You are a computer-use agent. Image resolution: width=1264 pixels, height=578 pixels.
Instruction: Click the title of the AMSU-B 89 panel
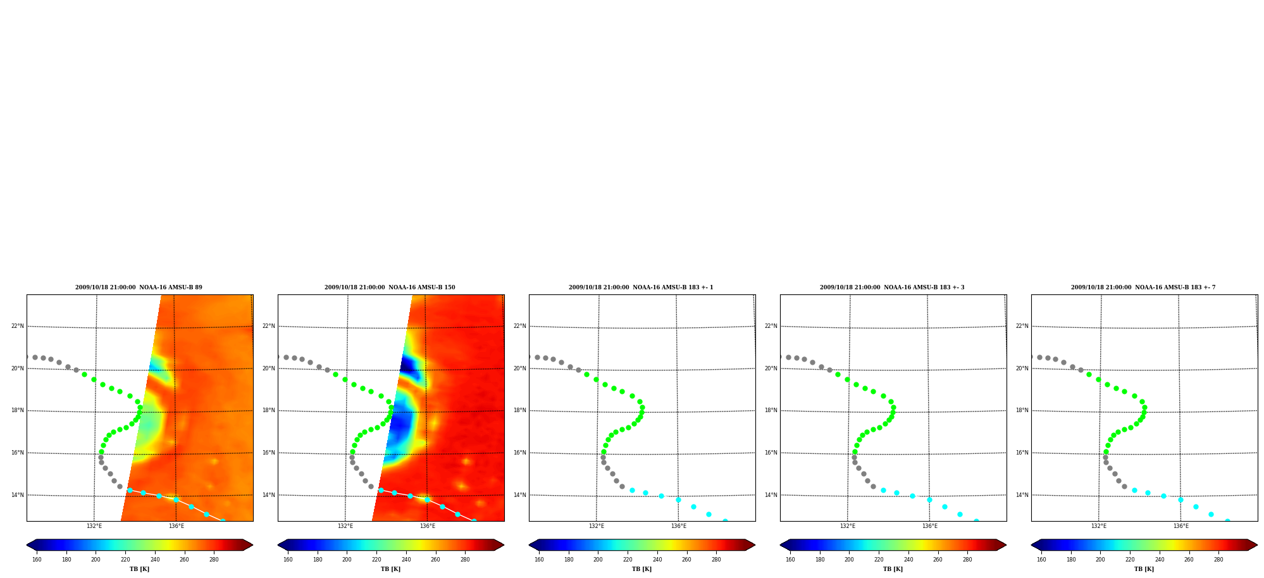[139, 287]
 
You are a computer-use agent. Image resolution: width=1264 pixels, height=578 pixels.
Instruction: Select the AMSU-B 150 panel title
[390, 287]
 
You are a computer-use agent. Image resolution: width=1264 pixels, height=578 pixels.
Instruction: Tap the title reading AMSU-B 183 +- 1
[641, 287]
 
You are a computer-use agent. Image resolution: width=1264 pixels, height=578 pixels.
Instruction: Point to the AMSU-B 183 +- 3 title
[892, 287]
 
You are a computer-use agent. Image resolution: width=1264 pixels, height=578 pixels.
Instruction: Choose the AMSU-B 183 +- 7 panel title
[1143, 287]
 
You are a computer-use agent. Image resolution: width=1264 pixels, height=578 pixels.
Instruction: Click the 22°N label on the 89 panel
[17, 327]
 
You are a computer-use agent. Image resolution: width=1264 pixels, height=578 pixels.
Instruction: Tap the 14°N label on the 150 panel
[268, 495]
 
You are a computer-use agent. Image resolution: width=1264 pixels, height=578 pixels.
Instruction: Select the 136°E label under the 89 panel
[177, 526]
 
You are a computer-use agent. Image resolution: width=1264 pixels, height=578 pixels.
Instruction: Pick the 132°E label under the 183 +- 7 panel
[1099, 526]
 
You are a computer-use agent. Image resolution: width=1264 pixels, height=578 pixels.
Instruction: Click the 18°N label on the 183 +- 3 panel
[771, 410]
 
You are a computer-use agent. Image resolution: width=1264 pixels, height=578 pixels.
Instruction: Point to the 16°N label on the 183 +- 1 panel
[519, 453]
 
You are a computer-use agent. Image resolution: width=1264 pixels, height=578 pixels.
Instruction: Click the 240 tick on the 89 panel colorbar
[155, 560]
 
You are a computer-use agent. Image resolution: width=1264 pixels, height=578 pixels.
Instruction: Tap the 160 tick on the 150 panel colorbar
[288, 560]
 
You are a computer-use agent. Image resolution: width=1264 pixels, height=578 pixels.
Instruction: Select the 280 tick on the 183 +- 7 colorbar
[1218, 560]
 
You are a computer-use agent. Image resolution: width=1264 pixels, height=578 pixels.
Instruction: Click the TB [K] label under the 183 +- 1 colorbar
[641, 569]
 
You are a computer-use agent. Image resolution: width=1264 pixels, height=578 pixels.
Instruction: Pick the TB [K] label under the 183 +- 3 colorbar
[893, 569]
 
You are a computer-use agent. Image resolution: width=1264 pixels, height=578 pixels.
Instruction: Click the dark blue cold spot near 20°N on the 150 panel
[408, 365]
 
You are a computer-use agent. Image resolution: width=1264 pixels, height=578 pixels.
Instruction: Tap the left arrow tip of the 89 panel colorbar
[27, 545]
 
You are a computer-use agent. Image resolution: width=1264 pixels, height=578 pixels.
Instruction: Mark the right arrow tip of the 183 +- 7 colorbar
[1257, 545]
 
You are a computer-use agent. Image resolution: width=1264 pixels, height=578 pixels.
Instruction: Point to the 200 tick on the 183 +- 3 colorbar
[849, 560]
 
